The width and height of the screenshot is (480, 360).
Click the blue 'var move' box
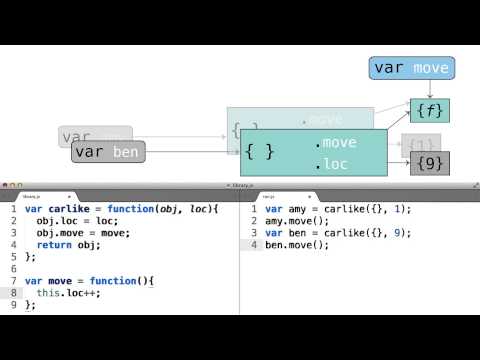(x=410, y=68)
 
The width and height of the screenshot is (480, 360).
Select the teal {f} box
(x=429, y=110)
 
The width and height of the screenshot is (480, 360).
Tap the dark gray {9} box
(x=429, y=163)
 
